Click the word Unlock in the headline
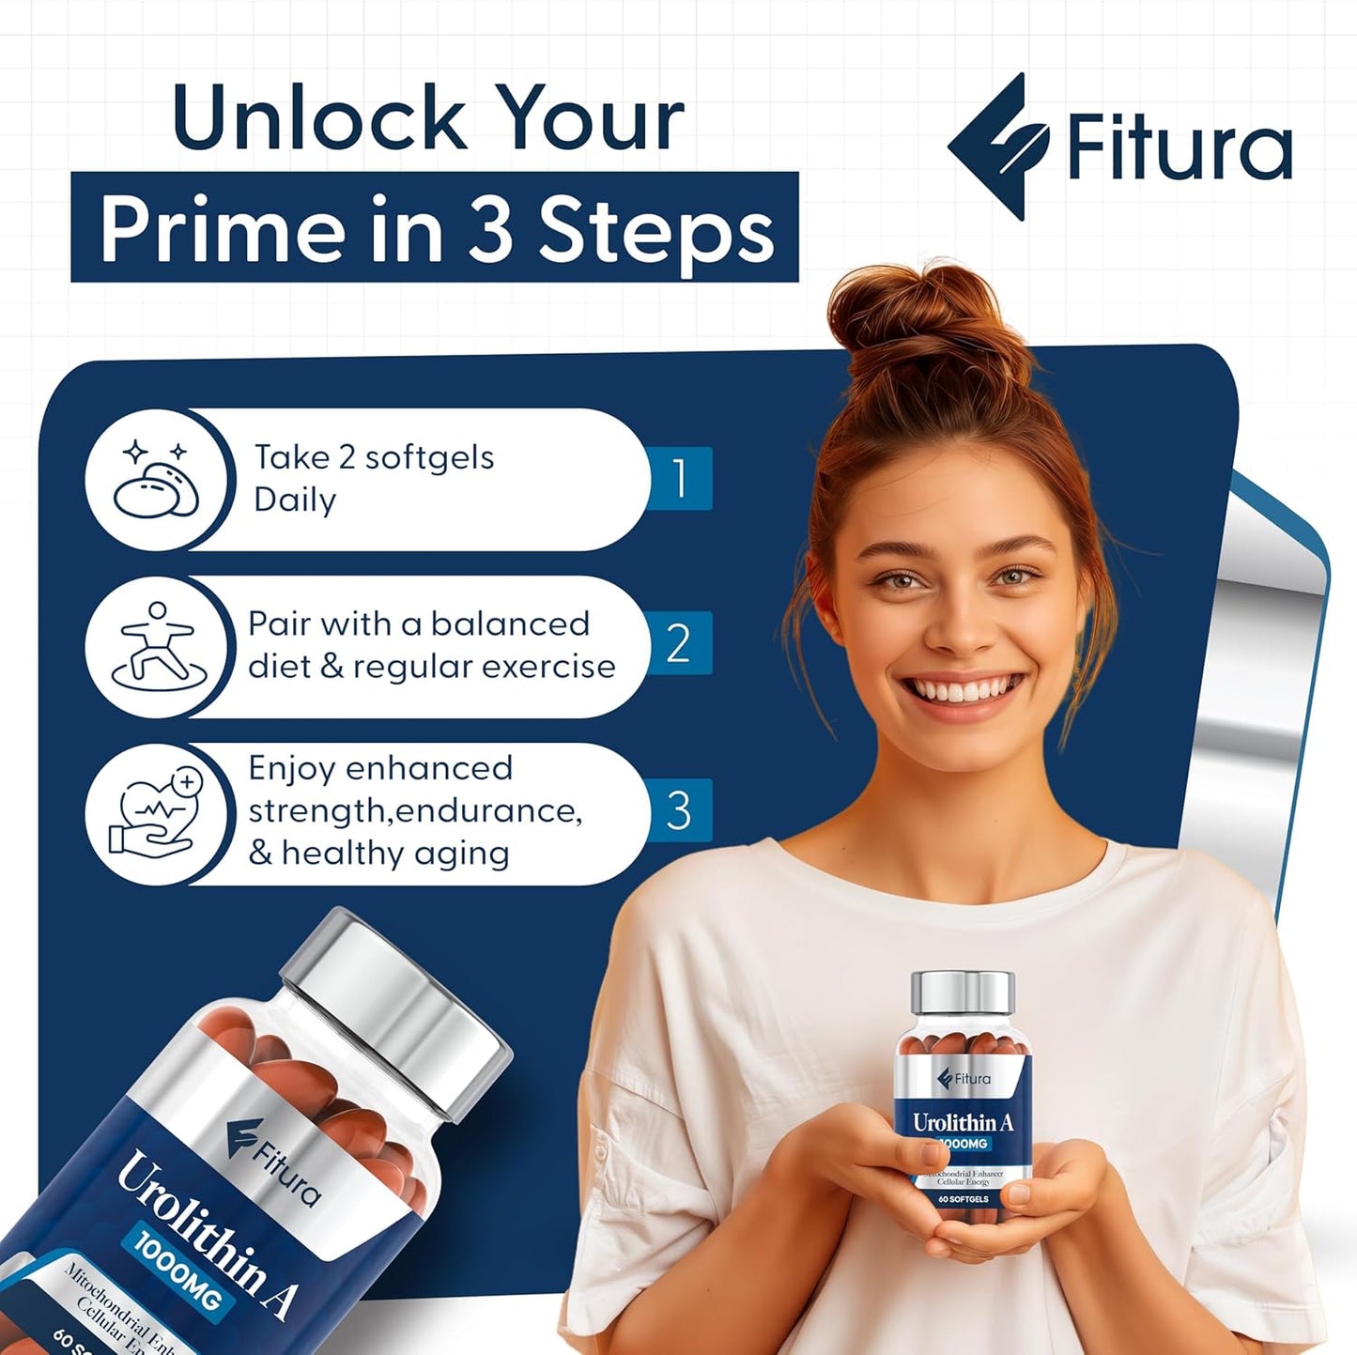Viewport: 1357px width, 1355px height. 319,118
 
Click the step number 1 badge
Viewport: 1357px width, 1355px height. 680,478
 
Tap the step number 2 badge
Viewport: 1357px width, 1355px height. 680,643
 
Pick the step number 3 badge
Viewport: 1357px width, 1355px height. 680,810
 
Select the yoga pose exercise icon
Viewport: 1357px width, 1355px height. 156,646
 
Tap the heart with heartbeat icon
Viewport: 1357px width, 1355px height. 156,813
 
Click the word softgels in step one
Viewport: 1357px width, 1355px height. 428,458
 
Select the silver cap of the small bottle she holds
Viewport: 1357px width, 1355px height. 963,993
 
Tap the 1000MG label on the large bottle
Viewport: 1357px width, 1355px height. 178,1268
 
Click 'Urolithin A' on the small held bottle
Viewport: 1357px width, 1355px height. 963,1122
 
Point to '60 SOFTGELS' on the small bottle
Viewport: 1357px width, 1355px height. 963,1199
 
